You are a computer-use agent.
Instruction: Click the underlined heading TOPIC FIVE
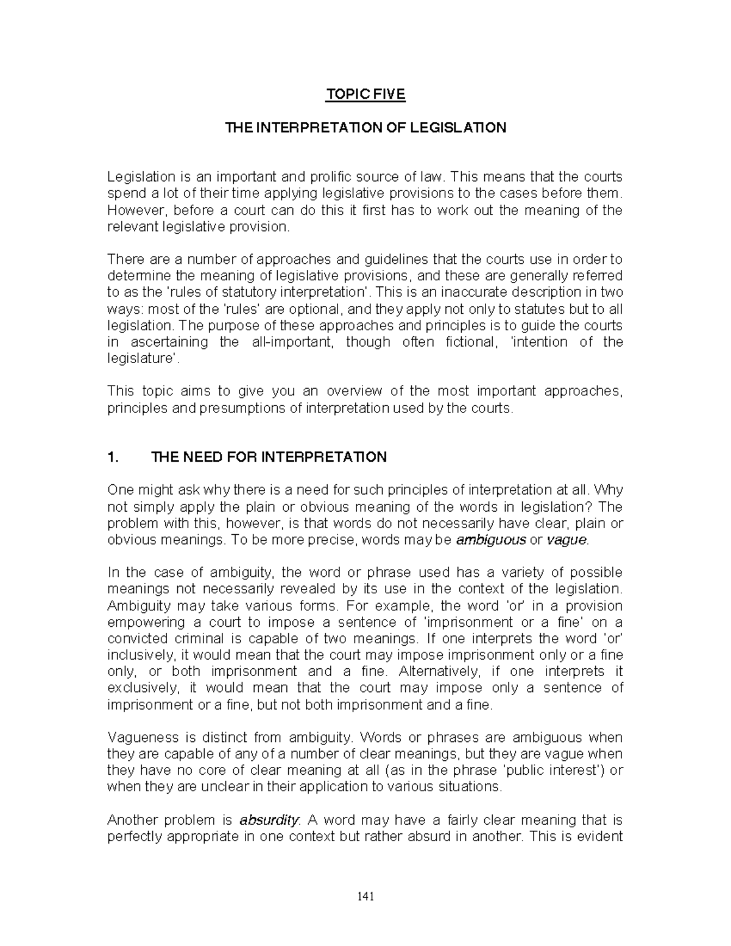coord(365,95)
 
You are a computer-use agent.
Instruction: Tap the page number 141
coord(365,897)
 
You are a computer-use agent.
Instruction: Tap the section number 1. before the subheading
coord(113,457)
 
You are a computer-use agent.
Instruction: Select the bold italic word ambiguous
coord(491,540)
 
